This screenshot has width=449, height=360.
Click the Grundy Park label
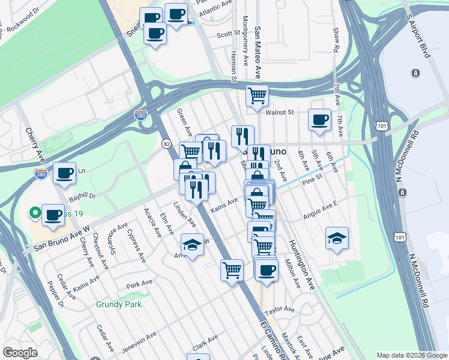tap(119, 304)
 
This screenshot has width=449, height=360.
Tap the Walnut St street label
tap(280, 112)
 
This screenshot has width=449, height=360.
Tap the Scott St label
tap(229, 35)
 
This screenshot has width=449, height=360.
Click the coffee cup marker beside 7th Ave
tap(319, 119)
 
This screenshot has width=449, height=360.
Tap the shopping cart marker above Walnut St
tap(257, 94)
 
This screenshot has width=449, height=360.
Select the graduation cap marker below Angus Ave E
tap(337, 238)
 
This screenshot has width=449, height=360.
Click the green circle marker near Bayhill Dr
tap(35, 212)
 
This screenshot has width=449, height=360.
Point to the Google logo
tap(20, 353)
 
